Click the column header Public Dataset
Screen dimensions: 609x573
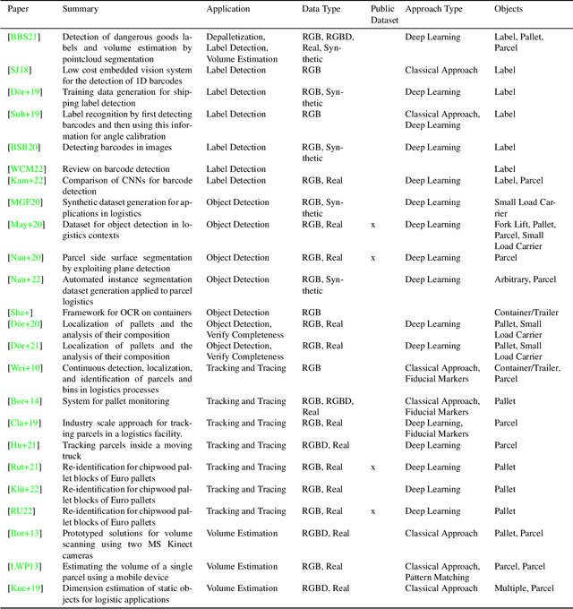click(383, 13)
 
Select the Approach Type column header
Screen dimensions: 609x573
click(434, 9)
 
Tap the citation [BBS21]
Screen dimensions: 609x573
click(23, 37)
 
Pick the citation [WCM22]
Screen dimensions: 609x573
click(25, 168)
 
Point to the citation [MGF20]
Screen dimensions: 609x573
click(24, 202)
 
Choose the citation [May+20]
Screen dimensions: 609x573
click(25, 225)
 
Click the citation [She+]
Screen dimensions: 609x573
click(21, 313)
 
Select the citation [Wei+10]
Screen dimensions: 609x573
click(25, 367)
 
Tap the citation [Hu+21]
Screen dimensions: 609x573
click(22, 445)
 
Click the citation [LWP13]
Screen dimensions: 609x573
click(24, 566)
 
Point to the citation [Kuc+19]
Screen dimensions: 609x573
click(25, 588)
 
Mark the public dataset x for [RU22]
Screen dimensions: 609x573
click(373, 511)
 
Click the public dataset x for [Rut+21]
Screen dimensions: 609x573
click(373, 467)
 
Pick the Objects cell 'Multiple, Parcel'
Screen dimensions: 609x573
click(525, 588)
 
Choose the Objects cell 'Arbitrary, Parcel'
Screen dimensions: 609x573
click(526, 279)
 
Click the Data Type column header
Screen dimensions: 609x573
click(321, 9)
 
